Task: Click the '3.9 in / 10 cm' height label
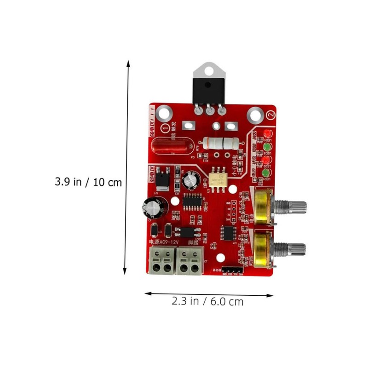coord(89,182)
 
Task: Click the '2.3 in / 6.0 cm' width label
coord(207,302)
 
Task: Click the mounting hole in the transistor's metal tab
coord(208,70)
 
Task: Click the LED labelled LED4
coord(266,134)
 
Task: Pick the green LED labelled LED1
coord(266,173)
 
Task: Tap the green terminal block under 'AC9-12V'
coord(161,260)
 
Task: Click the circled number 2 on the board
coord(270,113)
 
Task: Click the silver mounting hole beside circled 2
coord(253,115)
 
